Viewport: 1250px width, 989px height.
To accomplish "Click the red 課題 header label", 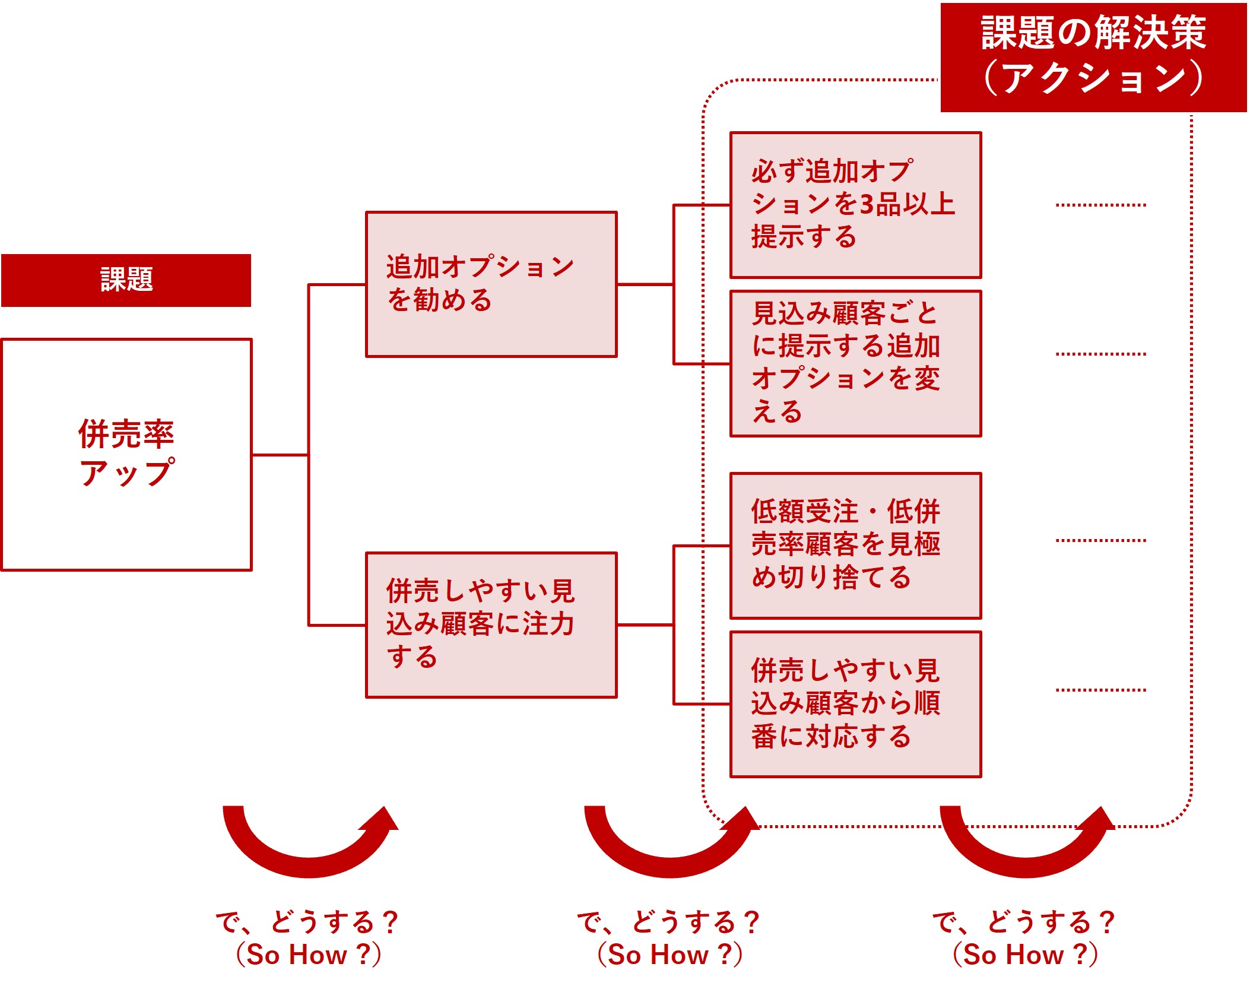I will click(126, 280).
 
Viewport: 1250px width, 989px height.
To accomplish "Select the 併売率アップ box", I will click(126, 454).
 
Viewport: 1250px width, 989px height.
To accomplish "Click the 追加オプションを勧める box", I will click(491, 284).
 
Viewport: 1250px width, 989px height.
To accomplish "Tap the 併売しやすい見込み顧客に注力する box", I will click(491, 625).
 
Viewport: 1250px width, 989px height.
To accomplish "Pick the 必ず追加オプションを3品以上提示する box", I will click(855, 205).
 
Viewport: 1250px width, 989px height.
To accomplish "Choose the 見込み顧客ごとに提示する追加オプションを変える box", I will click(855, 363).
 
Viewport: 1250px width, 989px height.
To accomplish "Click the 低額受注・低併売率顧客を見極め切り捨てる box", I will click(855, 546).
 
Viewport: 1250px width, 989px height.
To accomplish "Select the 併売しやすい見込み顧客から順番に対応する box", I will click(855, 704).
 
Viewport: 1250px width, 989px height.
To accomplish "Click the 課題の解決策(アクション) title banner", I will click(1093, 57).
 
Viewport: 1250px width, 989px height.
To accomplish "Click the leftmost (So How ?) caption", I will click(309, 955).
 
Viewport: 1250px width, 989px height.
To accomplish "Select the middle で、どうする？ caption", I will click(669, 922).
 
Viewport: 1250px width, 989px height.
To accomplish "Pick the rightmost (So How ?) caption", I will click(1025, 955).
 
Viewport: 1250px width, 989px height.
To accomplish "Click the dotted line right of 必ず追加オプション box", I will click(1100, 205).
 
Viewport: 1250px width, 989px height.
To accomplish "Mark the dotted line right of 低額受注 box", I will click(1100, 540).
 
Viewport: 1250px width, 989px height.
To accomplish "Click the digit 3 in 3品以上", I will click(867, 205).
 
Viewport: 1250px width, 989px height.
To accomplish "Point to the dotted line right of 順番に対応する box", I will click(1100, 690).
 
